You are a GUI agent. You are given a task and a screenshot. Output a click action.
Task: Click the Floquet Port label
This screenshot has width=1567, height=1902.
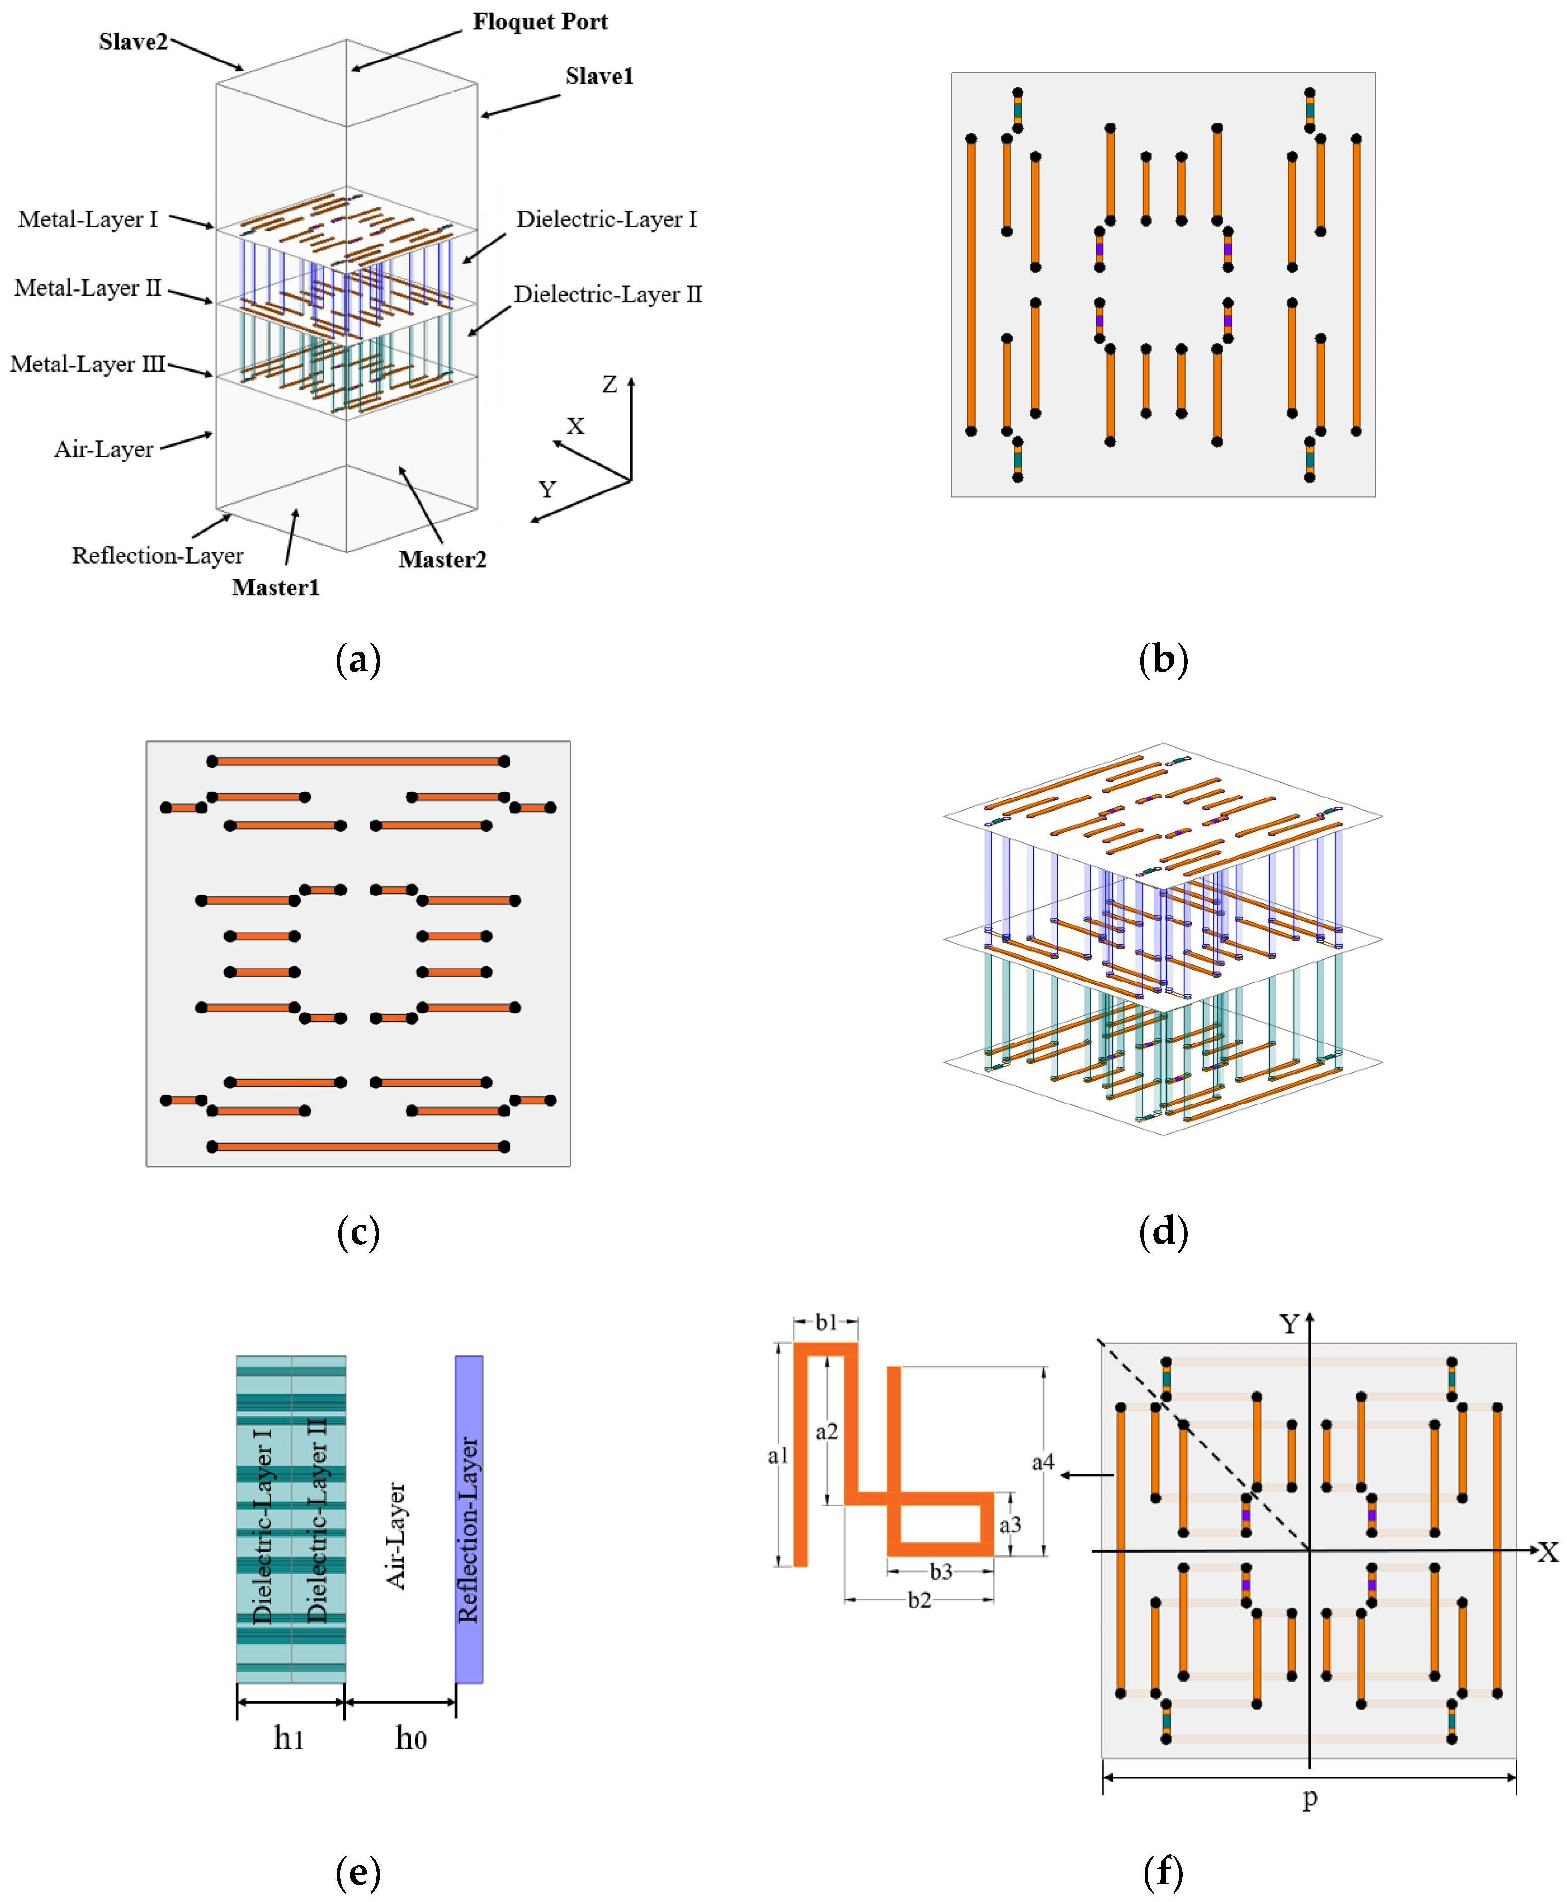pos(540,22)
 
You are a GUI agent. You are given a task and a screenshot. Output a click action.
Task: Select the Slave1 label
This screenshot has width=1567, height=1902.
pos(600,76)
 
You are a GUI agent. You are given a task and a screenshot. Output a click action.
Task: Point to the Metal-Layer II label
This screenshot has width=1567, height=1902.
pos(88,288)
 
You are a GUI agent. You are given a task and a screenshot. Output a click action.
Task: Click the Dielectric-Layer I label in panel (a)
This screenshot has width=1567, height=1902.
pos(606,219)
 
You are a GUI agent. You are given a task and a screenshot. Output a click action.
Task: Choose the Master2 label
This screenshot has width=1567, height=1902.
pos(442,560)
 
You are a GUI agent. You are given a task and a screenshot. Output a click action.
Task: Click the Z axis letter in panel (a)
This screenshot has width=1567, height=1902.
pos(610,385)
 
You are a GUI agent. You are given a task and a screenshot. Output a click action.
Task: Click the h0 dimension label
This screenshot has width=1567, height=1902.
pos(411,1738)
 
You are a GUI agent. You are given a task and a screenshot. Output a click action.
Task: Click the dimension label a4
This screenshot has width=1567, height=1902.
pos(1043,1462)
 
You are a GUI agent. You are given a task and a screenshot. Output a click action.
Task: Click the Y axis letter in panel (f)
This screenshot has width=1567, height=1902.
pos(1289,1324)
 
